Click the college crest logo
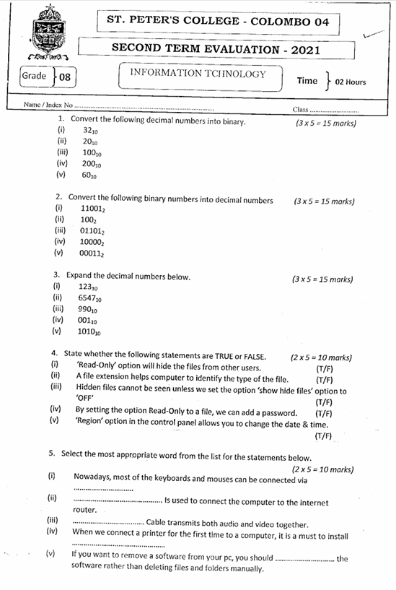point(48,32)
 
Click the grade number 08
point(65,77)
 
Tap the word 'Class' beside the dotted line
point(301,110)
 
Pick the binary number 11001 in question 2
point(92,208)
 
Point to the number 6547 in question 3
point(90,298)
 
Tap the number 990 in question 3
point(88,308)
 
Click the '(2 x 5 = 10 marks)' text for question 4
point(321,357)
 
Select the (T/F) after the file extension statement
point(325,379)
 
